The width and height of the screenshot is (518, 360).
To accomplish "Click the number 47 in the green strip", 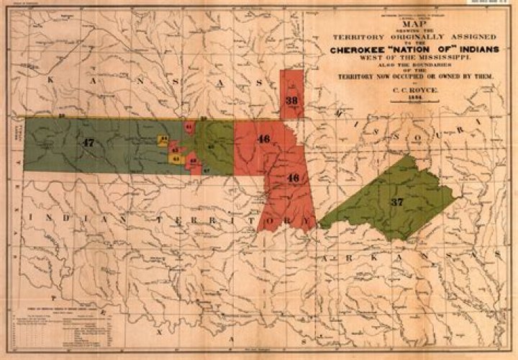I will (88, 143).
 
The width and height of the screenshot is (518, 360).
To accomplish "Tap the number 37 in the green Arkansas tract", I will (396, 202).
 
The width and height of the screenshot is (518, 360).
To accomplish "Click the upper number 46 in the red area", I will (263, 138).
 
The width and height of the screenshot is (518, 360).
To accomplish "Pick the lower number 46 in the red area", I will (293, 177).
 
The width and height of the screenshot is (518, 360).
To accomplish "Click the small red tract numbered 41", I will (188, 127).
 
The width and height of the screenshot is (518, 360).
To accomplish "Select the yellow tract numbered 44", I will (163, 138).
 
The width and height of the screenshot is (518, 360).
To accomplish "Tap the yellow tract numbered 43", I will (175, 157).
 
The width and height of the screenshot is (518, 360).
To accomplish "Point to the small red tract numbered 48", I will (192, 162).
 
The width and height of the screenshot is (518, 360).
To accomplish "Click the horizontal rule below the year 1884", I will (412, 107).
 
